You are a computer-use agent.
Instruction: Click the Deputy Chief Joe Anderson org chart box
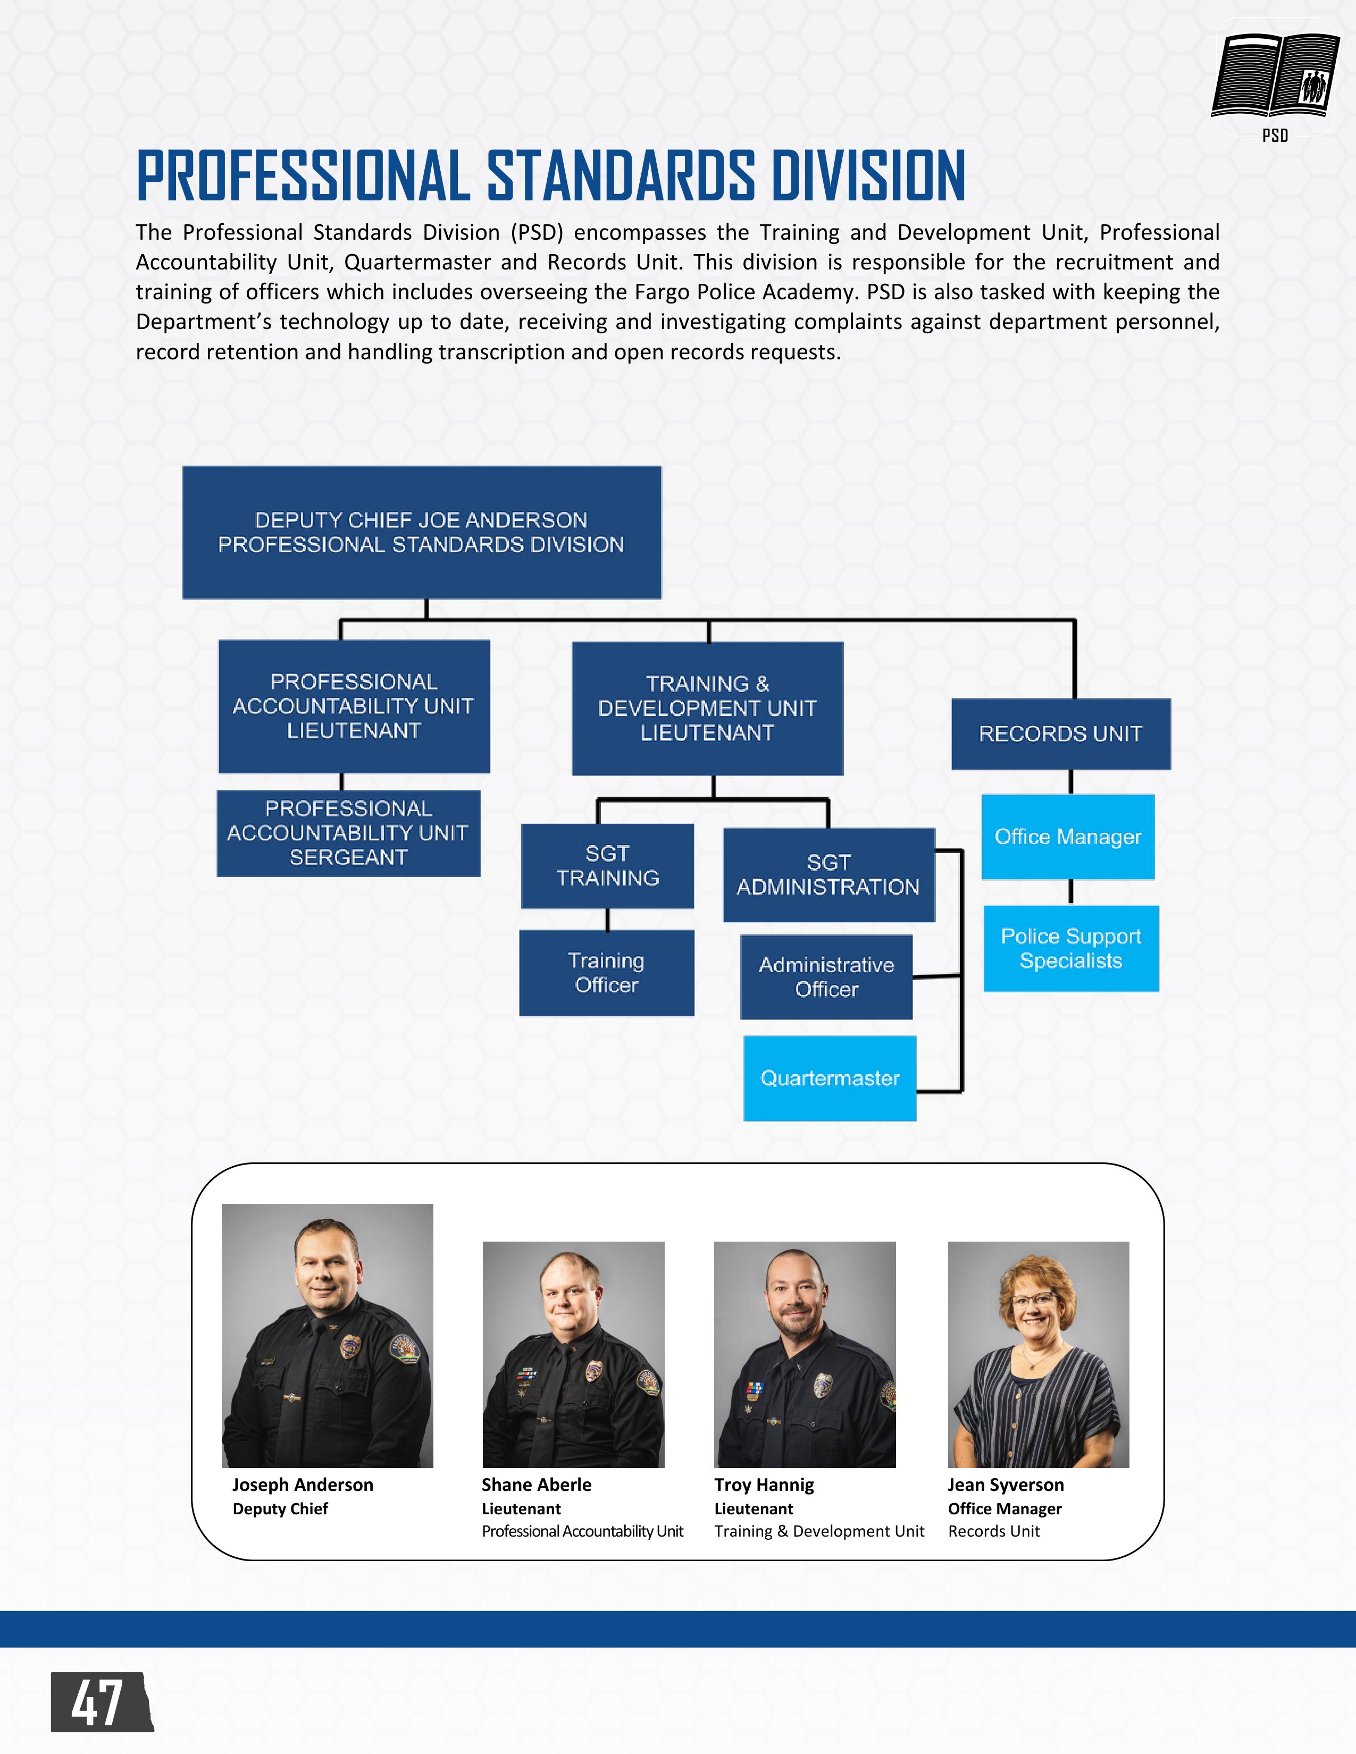pyautogui.click(x=422, y=533)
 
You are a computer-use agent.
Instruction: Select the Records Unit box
pyautogui.click(x=1060, y=733)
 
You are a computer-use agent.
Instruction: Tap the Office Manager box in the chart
pyautogui.click(x=1068, y=837)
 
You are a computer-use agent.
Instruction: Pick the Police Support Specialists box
pyautogui.click(x=1071, y=948)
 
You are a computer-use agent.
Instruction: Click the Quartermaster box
pyautogui.click(x=829, y=1078)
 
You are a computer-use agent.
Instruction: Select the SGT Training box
pyautogui.click(x=607, y=866)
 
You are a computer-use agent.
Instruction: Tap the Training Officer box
pyautogui.click(x=607, y=973)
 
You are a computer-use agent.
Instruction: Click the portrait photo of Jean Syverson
pyautogui.click(x=1038, y=1354)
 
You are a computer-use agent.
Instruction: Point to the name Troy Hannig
pyautogui.click(x=764, y=1485)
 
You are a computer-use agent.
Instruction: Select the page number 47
pyautogui.click(x=97, y=1702)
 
